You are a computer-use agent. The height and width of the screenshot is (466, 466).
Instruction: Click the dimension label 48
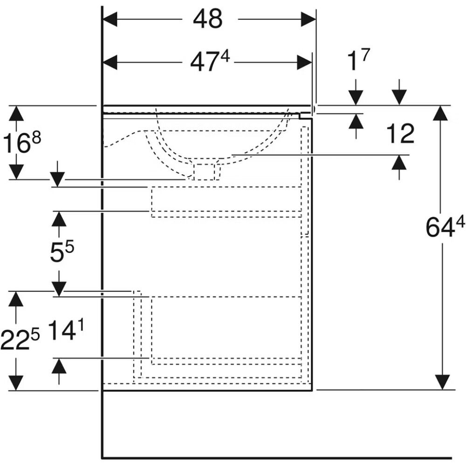[207, 19]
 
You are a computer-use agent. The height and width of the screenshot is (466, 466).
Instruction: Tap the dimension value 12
[400, 134]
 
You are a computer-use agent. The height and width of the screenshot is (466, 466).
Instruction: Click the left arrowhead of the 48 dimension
[110, 19]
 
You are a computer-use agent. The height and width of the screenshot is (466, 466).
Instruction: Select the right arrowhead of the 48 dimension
[308, 19]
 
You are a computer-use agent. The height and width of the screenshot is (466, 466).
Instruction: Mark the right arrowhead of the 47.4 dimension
[304, 62]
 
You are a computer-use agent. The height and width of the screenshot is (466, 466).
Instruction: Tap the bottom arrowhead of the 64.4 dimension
[442, 382]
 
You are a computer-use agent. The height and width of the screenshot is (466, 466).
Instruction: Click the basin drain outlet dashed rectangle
[204, 172]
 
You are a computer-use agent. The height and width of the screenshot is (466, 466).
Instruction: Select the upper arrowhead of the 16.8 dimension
[16, 113]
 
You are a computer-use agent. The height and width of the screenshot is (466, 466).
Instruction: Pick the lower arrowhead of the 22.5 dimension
[16, 383]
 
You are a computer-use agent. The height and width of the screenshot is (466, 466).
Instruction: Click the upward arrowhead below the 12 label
[399, 163]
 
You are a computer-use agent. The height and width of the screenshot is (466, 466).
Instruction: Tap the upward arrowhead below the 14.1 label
[59, 366]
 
